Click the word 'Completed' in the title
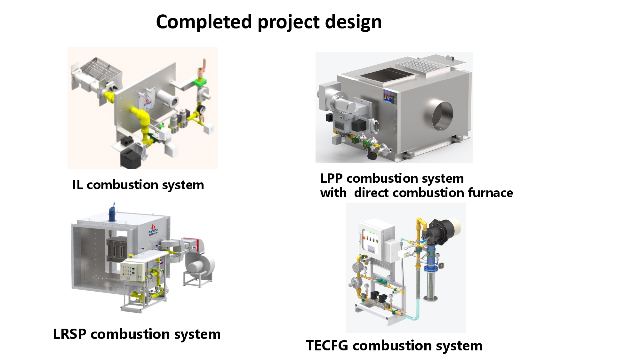(204, 22)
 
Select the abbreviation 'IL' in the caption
(77, 185)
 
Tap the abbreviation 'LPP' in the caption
(331, 178)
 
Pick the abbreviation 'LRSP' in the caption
(69, 334)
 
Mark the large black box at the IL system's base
(130, 158)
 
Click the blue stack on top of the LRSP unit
(112, 212)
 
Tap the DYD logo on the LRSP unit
(153, 231)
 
